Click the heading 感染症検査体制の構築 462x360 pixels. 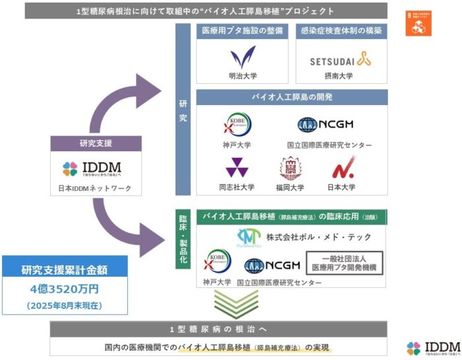341,30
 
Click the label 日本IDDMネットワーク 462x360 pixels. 92,189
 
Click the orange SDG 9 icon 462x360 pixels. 418,23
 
